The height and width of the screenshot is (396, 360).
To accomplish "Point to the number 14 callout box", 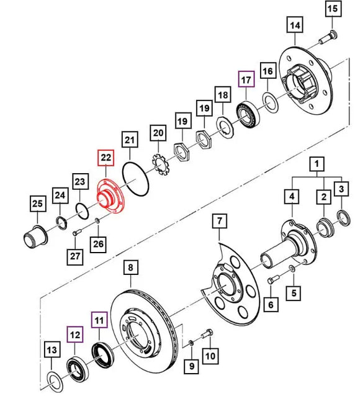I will tap(294, 26).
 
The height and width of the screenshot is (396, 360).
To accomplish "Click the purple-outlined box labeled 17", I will tap(247, 79).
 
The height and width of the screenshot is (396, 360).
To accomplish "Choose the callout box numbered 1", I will tap(318, 164).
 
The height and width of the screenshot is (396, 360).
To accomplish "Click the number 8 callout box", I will tap(130, 268).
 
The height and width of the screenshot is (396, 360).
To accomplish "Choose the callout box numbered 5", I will tap(295, 290).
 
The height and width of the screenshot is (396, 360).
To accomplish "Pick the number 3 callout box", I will tap(342, 188).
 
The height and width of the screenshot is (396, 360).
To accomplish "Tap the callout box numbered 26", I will tap(99, 244).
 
